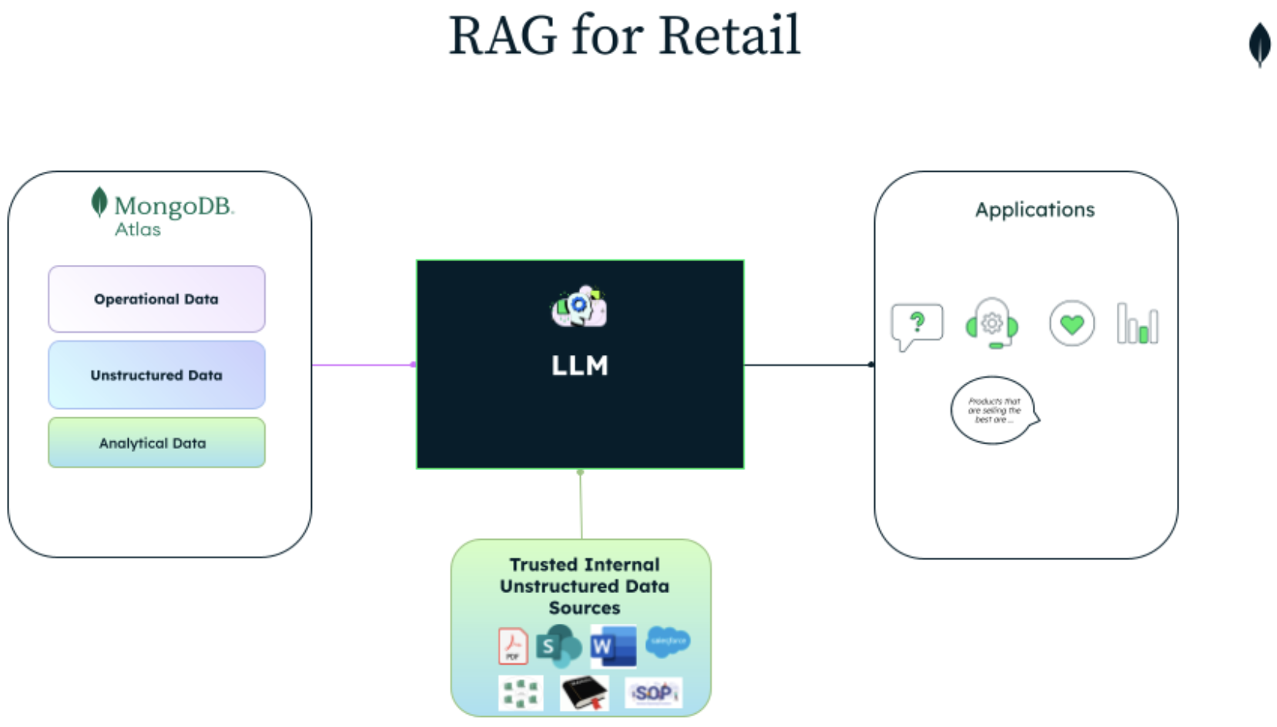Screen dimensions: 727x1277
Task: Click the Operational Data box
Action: point(156,300)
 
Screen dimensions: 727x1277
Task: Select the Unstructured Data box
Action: point(156,375)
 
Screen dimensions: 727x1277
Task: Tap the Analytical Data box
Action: point(156,443)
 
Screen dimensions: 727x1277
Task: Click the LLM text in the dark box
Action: point(579,365)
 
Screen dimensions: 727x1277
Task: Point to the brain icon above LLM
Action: point(579,307)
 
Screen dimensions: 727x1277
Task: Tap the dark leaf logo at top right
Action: point(1259,44)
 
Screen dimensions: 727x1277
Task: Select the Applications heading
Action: point(1034,209)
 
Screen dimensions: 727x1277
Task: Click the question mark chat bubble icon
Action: point(917,325)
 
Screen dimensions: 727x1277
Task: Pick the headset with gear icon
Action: point(992,323)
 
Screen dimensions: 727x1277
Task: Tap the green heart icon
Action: point(1071,323)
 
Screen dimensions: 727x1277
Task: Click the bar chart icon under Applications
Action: point(1138,324)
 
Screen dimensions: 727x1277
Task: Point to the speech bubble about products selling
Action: point(994,410)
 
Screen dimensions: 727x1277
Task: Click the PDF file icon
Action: point(512,645)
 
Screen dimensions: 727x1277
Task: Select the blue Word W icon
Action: point(612,645)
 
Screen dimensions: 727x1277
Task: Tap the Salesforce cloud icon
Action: point(668,641)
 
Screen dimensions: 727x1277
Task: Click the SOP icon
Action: point(653,693)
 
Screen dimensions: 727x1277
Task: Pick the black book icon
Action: point(585,692)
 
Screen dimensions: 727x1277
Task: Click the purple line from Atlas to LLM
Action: point(362,364)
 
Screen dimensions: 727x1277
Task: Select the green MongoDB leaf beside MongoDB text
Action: point(99,202)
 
